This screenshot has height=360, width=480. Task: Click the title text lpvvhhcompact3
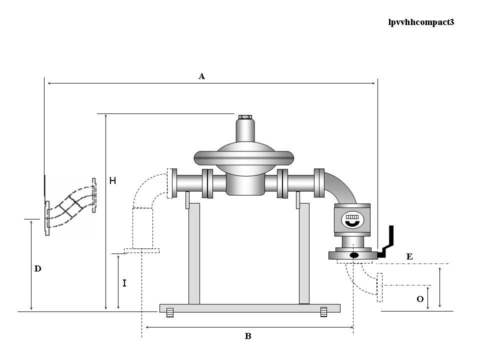[x=421, y=22]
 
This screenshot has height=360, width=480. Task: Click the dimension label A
[x=201, y=76]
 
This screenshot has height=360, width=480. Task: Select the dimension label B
[x=248, y=336]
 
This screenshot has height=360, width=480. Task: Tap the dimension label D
[x=37, y=269]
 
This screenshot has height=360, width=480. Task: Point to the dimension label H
[x=113, y=181]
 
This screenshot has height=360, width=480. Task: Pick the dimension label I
[x=124, y=283]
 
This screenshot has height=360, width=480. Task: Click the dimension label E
[x=409, y=256]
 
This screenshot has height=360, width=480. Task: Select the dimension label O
[x=420, y=299]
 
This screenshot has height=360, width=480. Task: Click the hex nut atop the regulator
[x=245, y=117]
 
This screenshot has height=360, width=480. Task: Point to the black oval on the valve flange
[x=354, y=255]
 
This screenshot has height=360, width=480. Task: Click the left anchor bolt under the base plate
[x=169, y=313]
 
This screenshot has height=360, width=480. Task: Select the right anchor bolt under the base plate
[x=323, y=313]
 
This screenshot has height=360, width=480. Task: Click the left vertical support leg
[x=194, y=253]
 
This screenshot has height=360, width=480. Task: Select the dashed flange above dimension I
[x=141, y=250]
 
